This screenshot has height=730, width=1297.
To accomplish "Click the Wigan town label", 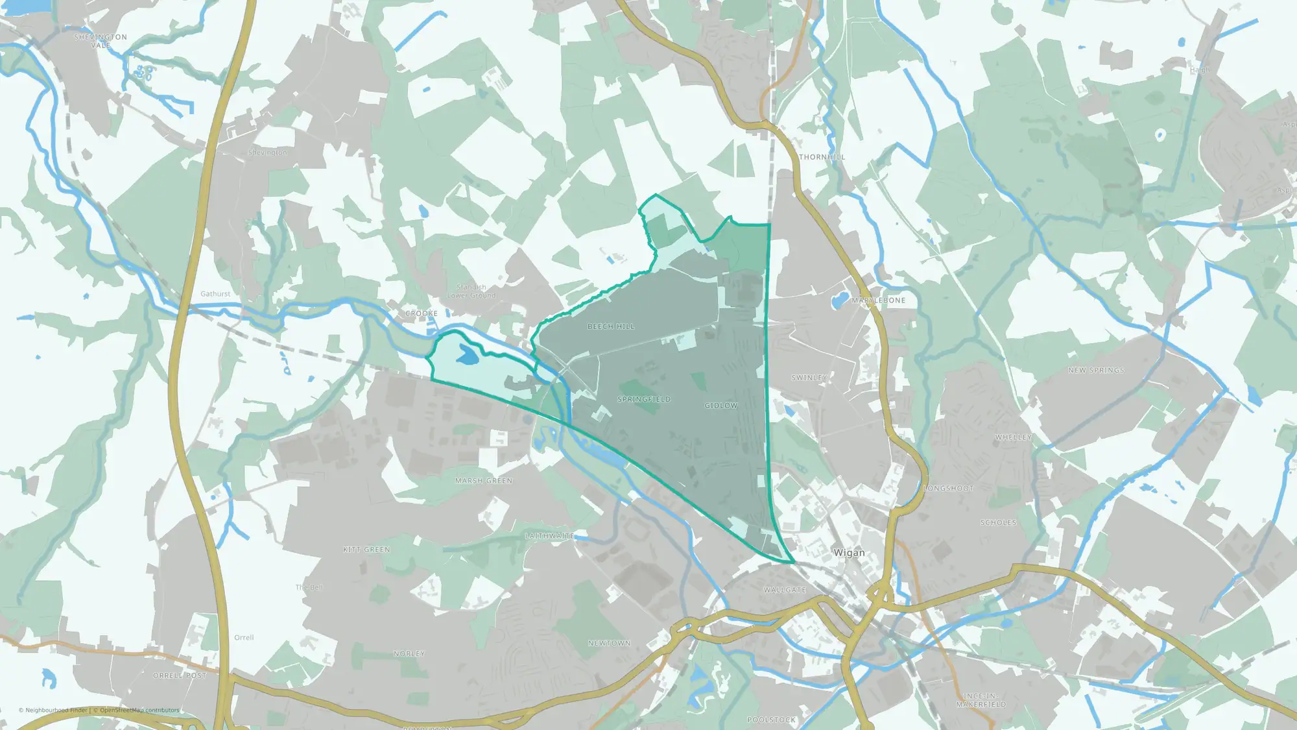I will (x=849, y=553).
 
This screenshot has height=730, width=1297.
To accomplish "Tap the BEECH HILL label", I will (x=611, y=326).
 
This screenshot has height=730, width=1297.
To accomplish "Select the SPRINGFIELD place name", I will (x=644, y=399).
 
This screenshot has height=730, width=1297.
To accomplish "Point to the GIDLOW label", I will (x=721, y=406).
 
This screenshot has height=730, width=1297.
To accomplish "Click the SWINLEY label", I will (x=809, y=378).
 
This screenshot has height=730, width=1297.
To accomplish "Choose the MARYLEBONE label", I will (x=878, y=300).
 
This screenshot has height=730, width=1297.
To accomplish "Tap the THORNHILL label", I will (x=822, y=157).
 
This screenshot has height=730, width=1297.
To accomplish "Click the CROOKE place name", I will (x=422, y=313).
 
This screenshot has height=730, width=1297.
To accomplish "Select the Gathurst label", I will (x=215, y=294).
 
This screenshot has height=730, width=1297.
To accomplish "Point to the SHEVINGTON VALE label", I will (x=101, y=41).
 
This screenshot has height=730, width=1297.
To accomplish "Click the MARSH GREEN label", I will (x=484, y=481).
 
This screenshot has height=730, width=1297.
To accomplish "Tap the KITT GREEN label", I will (x=366, y=550).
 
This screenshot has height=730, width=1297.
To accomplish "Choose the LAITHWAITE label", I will (x=549, y=536).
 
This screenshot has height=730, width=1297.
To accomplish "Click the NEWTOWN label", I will (x=609, y=643).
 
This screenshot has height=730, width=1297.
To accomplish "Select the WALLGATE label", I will (x=785, y=590).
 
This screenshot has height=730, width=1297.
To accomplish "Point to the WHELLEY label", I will (x=1013, y=437).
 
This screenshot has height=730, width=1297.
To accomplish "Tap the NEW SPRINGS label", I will (x=1096, y=371).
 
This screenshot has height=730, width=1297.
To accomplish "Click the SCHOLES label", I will (x=998, y=522).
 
